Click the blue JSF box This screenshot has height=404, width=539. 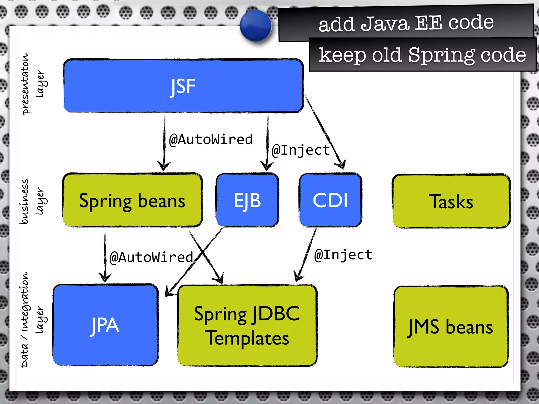(183, 86)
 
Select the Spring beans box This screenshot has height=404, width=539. (132, 200)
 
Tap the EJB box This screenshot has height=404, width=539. (247, 200)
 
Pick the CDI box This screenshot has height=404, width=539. (330, 200)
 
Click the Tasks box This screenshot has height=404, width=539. (451, 201)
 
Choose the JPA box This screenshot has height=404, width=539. (105, 325)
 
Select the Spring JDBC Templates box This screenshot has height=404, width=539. (247, 325)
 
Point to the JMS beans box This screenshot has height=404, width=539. (451, 326)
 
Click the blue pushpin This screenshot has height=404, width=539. (256, 26)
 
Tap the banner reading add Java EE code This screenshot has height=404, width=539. (406, 23)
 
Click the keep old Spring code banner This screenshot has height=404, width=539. (422, 55)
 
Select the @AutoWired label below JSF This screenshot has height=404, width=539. (211, 139)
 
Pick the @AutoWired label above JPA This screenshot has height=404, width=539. (151, 257)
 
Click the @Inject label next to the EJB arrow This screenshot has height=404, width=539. (301, 150)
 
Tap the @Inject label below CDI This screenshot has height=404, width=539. (343, 255)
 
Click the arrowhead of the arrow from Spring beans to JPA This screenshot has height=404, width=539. (105, 277)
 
